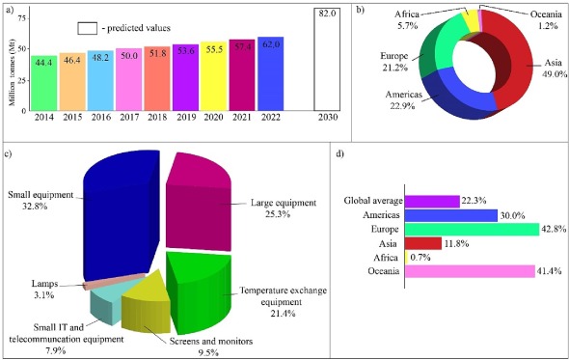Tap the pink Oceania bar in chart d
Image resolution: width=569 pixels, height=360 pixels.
click(x=469, y=272)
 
